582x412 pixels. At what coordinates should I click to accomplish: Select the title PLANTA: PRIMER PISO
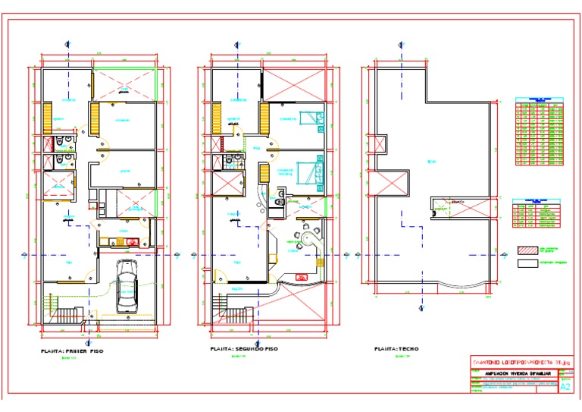(x=71, y=351)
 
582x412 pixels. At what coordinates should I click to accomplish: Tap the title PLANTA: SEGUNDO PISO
(x=246, y=349)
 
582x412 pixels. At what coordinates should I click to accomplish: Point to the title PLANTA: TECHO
(x=396, y=349)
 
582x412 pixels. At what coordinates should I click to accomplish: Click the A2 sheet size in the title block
(x=565, y=386)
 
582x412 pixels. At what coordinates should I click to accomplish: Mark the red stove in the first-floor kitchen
(x=133, y=242)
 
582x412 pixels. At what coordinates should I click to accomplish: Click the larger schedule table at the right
(x=540, y=131)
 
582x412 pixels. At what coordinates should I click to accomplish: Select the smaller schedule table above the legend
(x=537, y=214)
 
